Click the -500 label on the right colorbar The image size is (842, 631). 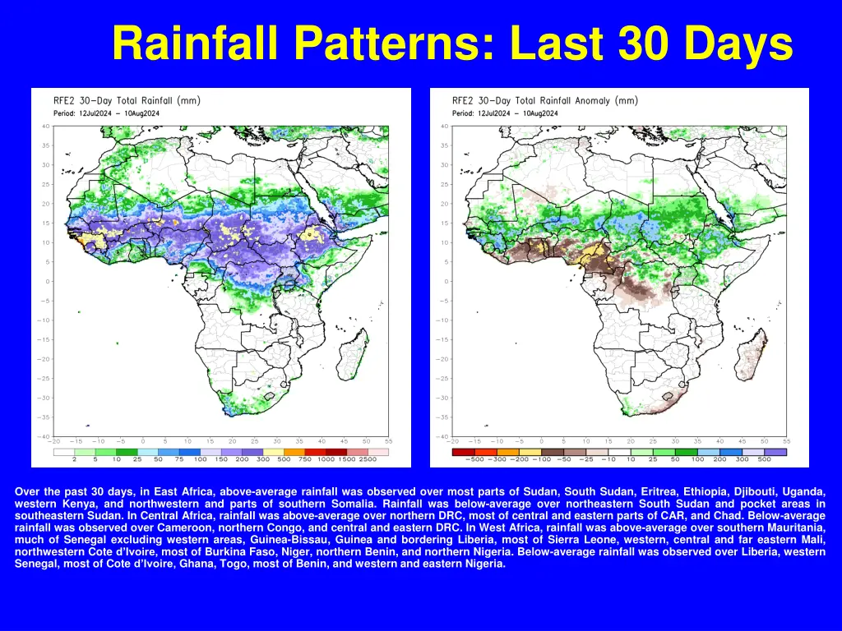pyautogui.click(x=463, y=459)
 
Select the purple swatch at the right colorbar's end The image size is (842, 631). pyautogui.click(x=775, y=451)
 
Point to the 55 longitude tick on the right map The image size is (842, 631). pyautogui.click(x=787, y=441)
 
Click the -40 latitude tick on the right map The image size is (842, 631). pyautogui.click(x=442, y=436)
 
